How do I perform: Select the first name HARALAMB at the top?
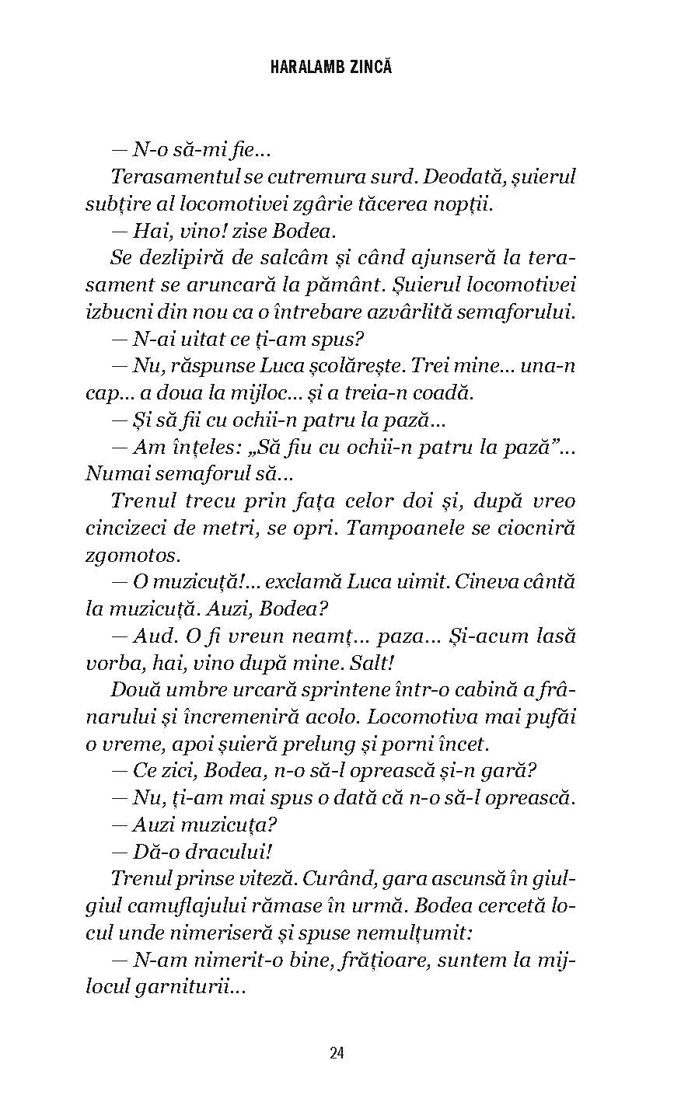[x=303, y=68]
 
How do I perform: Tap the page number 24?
[x=337, y=1053]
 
